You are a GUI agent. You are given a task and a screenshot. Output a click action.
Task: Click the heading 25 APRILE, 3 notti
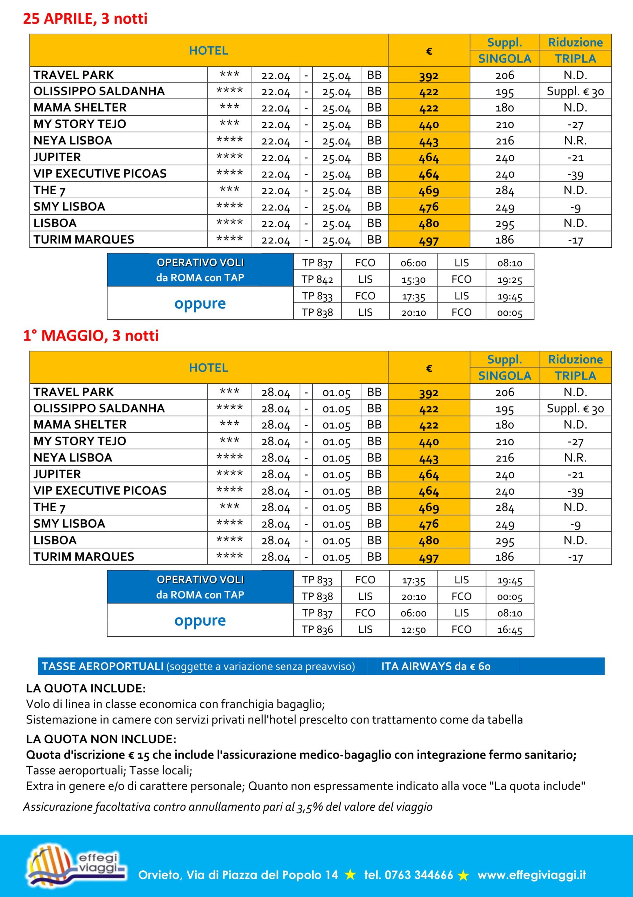point(85,18)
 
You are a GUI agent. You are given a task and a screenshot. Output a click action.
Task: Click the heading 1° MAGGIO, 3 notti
point(91,336)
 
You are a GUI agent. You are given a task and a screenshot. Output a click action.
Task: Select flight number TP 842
point(317,279)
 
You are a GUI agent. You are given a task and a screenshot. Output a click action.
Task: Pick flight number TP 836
point(317,629)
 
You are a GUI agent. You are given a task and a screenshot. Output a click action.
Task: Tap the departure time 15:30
point(413,280)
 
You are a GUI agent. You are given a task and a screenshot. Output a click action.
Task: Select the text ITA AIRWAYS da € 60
point(436,666)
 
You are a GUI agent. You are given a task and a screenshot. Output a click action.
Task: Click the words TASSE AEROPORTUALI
point(102,666)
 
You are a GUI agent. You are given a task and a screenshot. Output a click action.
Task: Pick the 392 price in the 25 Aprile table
point(429,75)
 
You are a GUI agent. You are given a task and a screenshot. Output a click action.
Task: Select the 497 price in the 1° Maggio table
point(429,557)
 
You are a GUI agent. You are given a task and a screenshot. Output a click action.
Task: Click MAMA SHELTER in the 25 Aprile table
point(80,108)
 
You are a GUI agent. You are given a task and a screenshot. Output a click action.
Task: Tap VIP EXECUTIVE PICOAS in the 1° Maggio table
point(100,491)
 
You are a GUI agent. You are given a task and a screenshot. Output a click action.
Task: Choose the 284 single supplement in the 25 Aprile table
point(504,191)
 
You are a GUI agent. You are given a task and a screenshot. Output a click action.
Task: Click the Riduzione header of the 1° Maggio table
point(575,360)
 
